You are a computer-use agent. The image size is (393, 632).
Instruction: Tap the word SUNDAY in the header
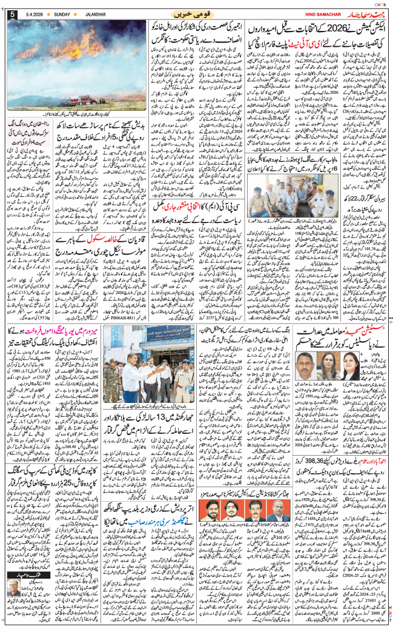click(x=62, y=13)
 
